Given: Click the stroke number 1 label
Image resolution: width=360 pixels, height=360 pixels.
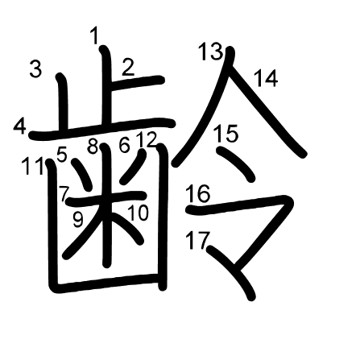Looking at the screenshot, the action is point(94,36).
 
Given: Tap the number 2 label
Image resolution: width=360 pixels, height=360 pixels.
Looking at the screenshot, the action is point(128,67).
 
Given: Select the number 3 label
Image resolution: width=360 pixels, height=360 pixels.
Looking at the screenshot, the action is point(35,69).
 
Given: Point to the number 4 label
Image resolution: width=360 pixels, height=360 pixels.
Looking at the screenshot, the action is point(20,126).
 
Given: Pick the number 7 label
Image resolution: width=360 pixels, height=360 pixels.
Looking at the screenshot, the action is point(65,194).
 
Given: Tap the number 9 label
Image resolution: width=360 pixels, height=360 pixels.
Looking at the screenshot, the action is point(78,219).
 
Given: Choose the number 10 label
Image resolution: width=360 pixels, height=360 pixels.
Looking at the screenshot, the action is point(138,213).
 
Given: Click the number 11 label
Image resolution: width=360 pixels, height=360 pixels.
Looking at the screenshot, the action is point(33,167).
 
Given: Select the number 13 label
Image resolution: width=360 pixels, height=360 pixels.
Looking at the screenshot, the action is point(211,51).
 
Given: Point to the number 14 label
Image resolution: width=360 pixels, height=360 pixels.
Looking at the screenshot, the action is point(266,78).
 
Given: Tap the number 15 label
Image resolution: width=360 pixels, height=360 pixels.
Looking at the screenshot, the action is point(226,133).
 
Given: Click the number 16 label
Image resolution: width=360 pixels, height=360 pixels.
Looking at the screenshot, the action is point(198,193).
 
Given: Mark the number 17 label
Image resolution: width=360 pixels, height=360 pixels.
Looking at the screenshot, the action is point(197,240).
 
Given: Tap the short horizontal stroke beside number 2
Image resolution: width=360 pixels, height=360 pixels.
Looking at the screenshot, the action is point(137,80).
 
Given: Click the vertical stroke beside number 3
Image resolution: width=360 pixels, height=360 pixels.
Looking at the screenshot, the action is point(64,103).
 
